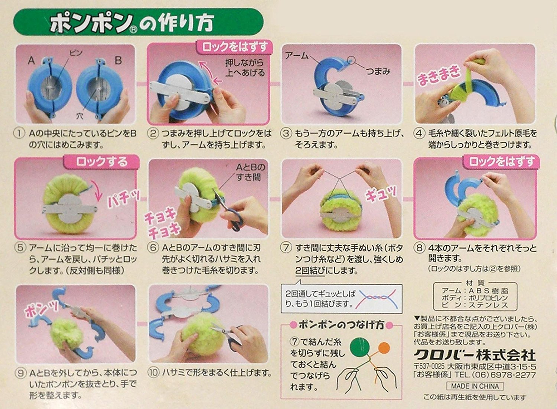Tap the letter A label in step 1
pos(31,60)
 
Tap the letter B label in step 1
pos(118,60)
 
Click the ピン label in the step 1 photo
pos(76,53)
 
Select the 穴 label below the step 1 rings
pos(79,116)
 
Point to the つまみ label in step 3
pos(378,71)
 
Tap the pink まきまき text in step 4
pos(439,75)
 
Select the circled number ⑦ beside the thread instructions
pos(286,248)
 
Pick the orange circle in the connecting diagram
pos(384,348)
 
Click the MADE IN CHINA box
pos(475,386)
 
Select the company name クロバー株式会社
pos(475,355)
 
